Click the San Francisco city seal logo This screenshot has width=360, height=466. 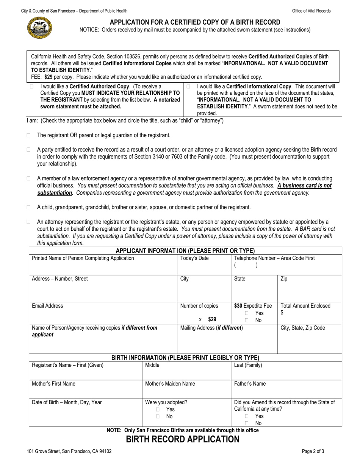[40, 28]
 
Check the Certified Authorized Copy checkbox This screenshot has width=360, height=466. [31, 87]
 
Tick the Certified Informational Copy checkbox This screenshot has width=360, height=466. [188, 87]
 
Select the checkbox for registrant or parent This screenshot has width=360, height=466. [29, 135]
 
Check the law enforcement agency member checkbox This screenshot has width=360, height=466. [29, 178]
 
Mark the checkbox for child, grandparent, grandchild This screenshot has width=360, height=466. [29, 207]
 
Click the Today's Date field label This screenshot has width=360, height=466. [194, 258]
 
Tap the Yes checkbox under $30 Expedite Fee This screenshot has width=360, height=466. [247, 313]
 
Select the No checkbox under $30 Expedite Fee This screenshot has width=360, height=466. [247, 321]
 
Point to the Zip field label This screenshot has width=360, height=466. [284, 279]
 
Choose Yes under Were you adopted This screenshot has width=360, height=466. [158, 410]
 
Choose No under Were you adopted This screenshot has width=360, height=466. [158, 417]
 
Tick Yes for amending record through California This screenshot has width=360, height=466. [247, 416]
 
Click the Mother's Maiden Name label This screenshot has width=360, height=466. [170, 384]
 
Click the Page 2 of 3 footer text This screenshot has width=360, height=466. [313, 451]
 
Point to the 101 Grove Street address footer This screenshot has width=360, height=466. [69, 451]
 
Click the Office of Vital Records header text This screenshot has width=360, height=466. [311, 11]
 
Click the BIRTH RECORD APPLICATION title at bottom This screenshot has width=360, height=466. [183, 439]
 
